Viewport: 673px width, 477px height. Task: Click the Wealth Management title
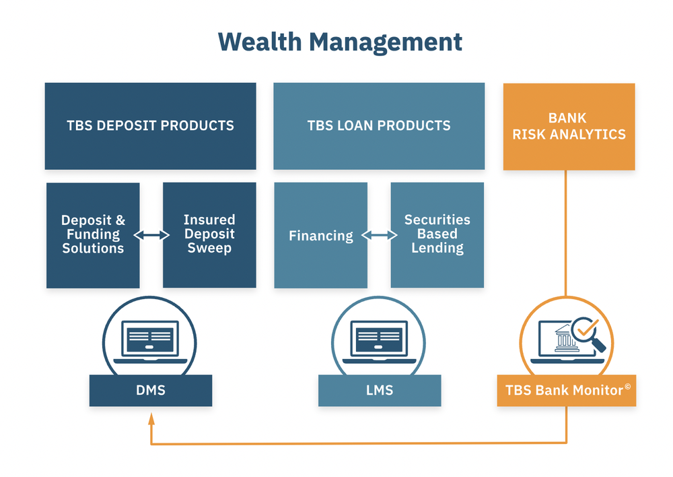pyautogui.click(x=340, y=42)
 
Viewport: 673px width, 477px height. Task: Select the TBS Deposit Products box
pyautogui.click(x=150, y=126)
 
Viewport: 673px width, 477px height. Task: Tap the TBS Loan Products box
pyautogui.click(x=379, y=126)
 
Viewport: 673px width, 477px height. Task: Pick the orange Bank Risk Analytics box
pyautogui.click(x=569, y=127)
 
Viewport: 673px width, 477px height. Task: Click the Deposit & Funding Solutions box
pyautogui.click(x=93, y=235)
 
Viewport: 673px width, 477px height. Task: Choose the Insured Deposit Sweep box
pyautogui.click(x=209, y=235)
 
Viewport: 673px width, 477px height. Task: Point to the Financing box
pyautogui.click(x=320, y=236)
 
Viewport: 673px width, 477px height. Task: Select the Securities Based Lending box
pyautogui.click(x=437, y=235)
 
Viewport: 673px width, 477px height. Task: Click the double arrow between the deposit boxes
pyautogui.click(x=151, y=235)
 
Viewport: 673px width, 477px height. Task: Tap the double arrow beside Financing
pyautogui.click(x=379, y=236)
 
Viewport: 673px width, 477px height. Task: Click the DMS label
pyautogui.click(x=150, y=390)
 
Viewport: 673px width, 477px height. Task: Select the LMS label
pyautogui.click(x=379, y=390)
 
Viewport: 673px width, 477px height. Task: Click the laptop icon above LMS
pyautogui.click(x=379, y=340)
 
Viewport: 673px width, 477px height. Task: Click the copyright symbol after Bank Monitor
pyautogui.click(x=627, y=387)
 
